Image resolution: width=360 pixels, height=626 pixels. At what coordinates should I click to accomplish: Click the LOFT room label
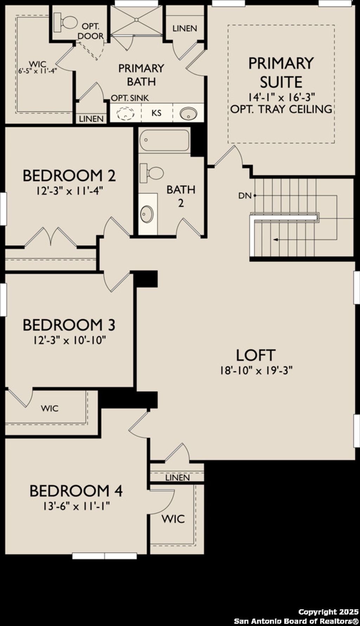point(255,355)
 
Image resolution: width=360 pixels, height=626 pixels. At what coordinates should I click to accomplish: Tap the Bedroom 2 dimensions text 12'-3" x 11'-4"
point(69,191)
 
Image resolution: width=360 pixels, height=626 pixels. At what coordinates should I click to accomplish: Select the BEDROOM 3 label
point(69,325)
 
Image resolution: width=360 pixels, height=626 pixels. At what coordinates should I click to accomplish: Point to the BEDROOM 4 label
point(76,491)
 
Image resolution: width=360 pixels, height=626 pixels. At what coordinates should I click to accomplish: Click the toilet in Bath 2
point(152,173)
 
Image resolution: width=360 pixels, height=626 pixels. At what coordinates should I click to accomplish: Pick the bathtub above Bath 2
point(164,140)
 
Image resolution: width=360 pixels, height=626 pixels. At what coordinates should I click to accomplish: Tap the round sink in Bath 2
point(147,213)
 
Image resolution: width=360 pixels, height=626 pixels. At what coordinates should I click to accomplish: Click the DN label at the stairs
point(245,195)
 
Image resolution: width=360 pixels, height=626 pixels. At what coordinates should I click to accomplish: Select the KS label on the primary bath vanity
point(156,113)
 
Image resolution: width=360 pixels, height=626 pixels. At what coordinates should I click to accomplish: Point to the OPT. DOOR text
point(91,31)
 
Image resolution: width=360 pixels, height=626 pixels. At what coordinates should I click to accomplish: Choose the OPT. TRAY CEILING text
point(281,109)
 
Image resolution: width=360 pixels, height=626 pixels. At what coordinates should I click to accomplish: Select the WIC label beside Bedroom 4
point(173,519)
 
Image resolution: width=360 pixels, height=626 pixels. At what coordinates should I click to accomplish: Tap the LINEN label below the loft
point(178,478)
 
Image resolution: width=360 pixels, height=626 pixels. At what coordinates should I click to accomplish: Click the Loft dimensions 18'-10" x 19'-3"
point(256,370)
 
